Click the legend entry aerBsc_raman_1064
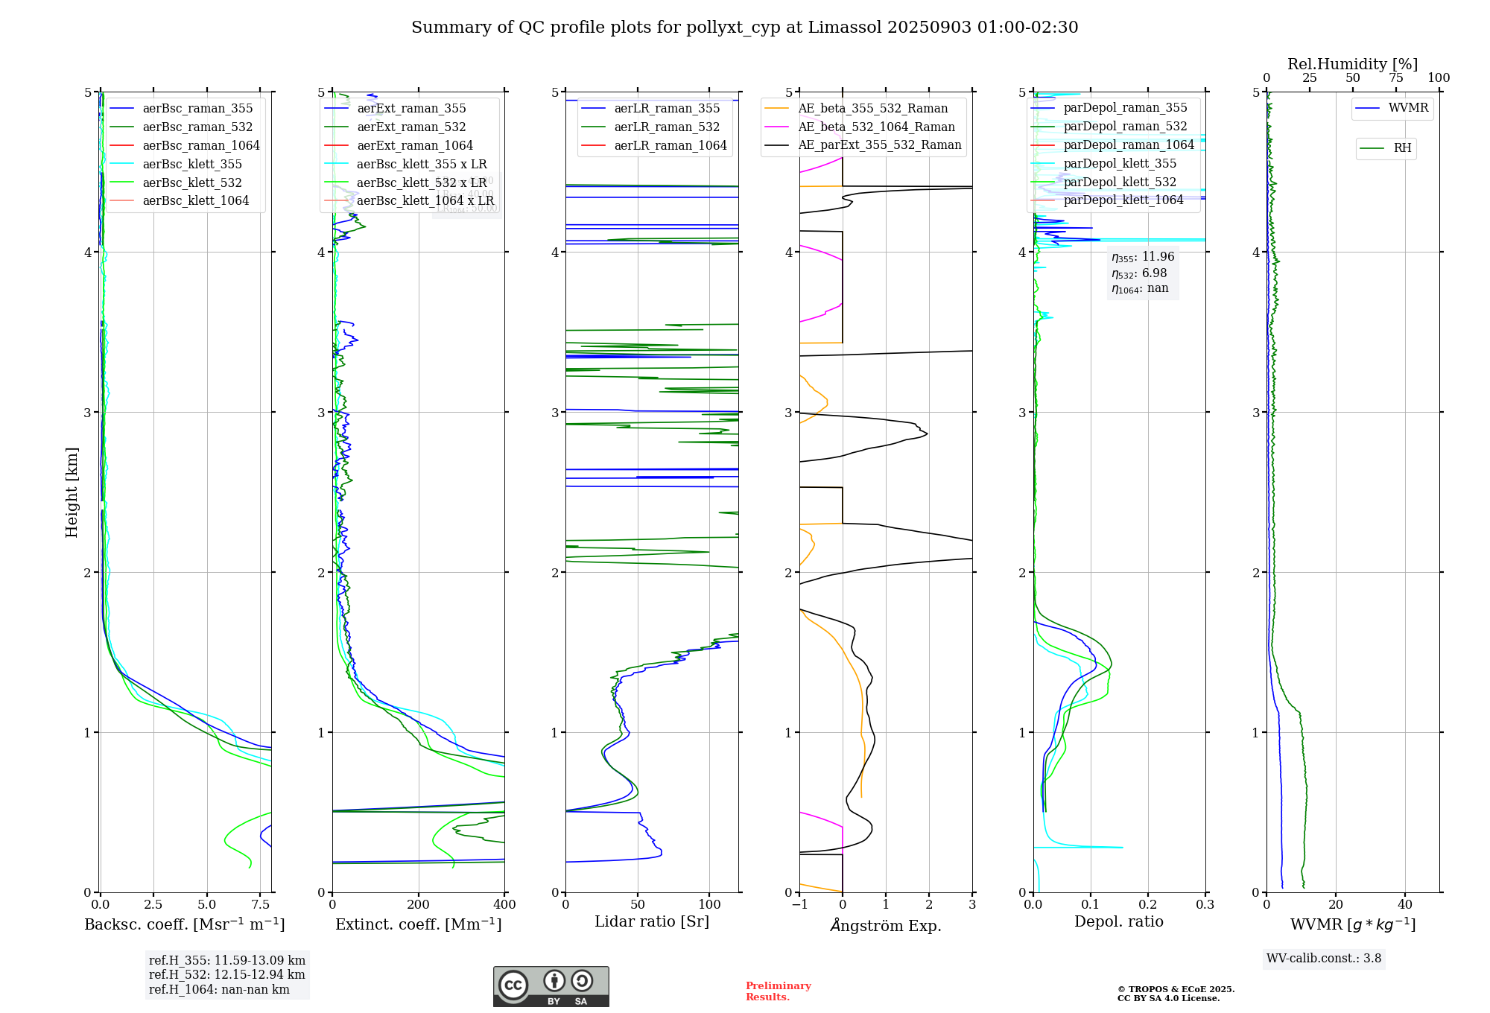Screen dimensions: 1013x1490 coord(201,145)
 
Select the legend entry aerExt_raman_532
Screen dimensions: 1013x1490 coord(411,127)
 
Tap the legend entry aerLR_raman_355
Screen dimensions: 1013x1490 coord(667,108)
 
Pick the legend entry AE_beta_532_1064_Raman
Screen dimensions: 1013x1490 coord(876,127)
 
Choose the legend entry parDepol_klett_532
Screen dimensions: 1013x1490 coord(1120,182)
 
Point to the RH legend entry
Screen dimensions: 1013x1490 coord(1402,148)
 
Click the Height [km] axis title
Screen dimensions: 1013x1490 coord(72,492)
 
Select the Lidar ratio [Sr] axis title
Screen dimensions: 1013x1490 coord(652,921)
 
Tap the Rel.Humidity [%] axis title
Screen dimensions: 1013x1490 coord(1352,64)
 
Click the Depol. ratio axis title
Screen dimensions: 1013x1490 coord(1118,921)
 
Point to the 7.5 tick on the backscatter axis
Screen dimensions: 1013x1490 coord(260,905)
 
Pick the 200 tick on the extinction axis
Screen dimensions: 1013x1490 coord(419,905)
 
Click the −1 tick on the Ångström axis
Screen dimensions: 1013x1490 coord(799,905)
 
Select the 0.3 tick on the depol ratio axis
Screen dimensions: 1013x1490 coord(1205,905)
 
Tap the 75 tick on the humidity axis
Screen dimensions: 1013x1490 coord(1395,78)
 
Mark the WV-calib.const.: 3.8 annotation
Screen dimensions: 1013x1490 coord(1324,959)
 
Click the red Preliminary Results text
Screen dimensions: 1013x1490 coord(778,991)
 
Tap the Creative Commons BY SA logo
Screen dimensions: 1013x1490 coord(551,987)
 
